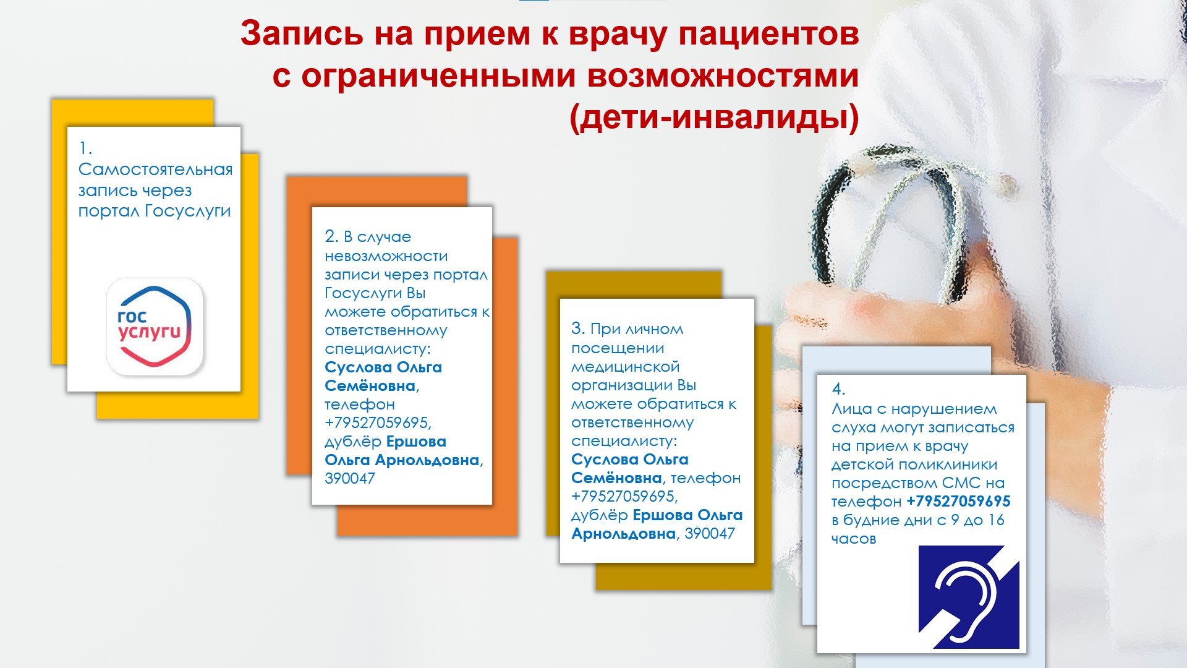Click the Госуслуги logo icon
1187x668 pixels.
coord(155,327)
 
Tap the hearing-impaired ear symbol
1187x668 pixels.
coord(969,597)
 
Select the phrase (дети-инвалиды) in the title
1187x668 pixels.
coord(714,117)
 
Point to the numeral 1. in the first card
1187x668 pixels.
coord(85,148)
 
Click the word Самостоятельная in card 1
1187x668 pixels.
coord(156,169)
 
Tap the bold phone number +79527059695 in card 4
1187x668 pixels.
coord(959,502)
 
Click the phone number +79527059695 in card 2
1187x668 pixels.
coord(378,423)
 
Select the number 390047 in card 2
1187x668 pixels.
coord(350,479)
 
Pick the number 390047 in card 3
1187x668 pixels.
coord(710,534)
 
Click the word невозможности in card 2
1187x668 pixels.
coord(386,256)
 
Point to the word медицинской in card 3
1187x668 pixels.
coord(625,367)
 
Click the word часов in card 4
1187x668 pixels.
coord(854,539)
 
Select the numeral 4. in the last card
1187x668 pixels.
coord(838,389)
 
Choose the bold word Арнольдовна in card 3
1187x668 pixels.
coord(623,534)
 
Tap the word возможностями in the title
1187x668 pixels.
coord(723,75)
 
